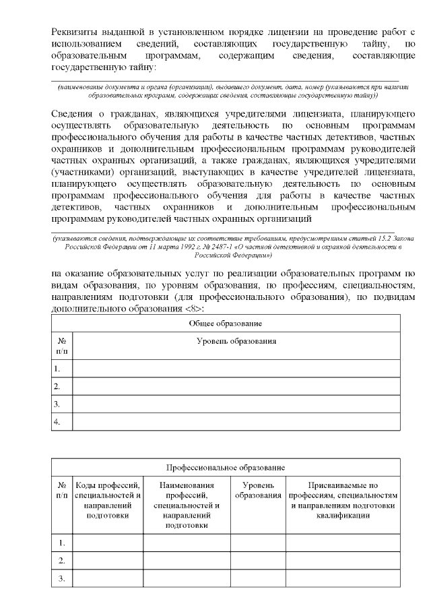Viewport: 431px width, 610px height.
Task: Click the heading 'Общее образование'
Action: pos(225,324)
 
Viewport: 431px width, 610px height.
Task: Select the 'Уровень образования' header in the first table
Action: pos(236,342)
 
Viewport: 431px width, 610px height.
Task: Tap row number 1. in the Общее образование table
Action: pos(58,368)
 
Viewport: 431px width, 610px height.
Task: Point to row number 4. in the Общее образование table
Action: pos(58,422)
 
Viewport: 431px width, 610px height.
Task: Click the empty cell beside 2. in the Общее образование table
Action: pos(236,386)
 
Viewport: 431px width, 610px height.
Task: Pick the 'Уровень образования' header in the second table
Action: pos(258,490)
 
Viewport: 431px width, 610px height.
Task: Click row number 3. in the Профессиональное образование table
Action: pos(62,578)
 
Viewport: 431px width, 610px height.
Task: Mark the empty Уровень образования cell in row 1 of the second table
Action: pos(258,543)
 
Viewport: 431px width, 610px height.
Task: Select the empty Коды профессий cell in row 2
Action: pos(108,561)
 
